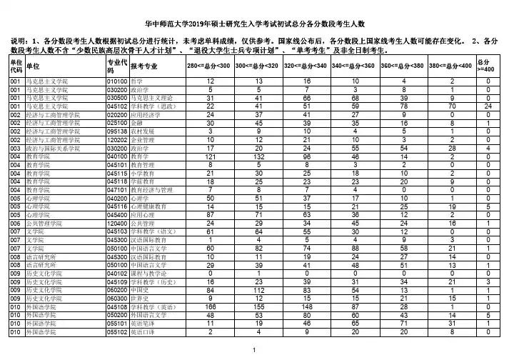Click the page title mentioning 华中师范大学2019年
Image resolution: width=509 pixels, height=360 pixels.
pyautogui.click(x=254, y=23)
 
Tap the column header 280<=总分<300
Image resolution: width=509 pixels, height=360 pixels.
pyautogui.click(x=208, y=66)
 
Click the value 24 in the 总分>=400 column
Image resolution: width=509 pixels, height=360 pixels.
pyautogui.click(x=488, y=106)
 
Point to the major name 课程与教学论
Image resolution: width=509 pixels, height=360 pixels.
pyautogui.click(x=148, y=274)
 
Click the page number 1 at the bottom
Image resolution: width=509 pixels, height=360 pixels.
pyautogui.click(x=254, y=349)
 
